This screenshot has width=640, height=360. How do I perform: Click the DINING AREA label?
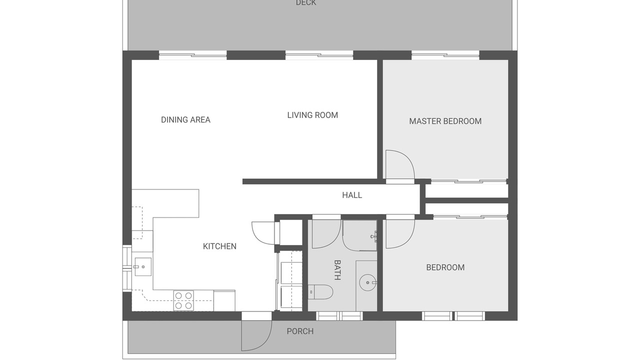(185, 119)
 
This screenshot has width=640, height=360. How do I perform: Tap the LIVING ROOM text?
(312, 115)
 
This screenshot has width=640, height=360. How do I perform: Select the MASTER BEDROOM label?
(445, 121)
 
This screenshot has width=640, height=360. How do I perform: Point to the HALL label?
(352, 195)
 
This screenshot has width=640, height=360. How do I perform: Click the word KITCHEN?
(219, 246)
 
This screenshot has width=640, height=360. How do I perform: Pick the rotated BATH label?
(337, 270)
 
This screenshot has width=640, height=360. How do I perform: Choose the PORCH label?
(300, 331)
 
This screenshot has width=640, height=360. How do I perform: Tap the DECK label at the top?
(306, 3)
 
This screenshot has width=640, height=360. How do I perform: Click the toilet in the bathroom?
(320, 291)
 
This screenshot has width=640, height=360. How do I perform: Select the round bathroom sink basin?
(368, 282)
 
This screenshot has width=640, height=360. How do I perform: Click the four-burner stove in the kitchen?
(183, 300)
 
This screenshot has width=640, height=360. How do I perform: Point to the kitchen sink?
(143, 267)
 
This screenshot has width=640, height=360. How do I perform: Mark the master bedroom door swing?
(400, 165)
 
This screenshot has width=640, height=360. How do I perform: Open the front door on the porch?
(256, 335)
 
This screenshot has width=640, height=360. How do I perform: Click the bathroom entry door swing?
(326, 234)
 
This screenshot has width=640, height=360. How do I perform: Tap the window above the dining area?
(193, 55)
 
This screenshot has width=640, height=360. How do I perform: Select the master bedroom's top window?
(445, 55)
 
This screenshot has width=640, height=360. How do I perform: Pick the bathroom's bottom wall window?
(339, 316)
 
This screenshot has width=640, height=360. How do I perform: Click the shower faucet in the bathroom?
(374, 236)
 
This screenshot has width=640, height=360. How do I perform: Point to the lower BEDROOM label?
(445, 267)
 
